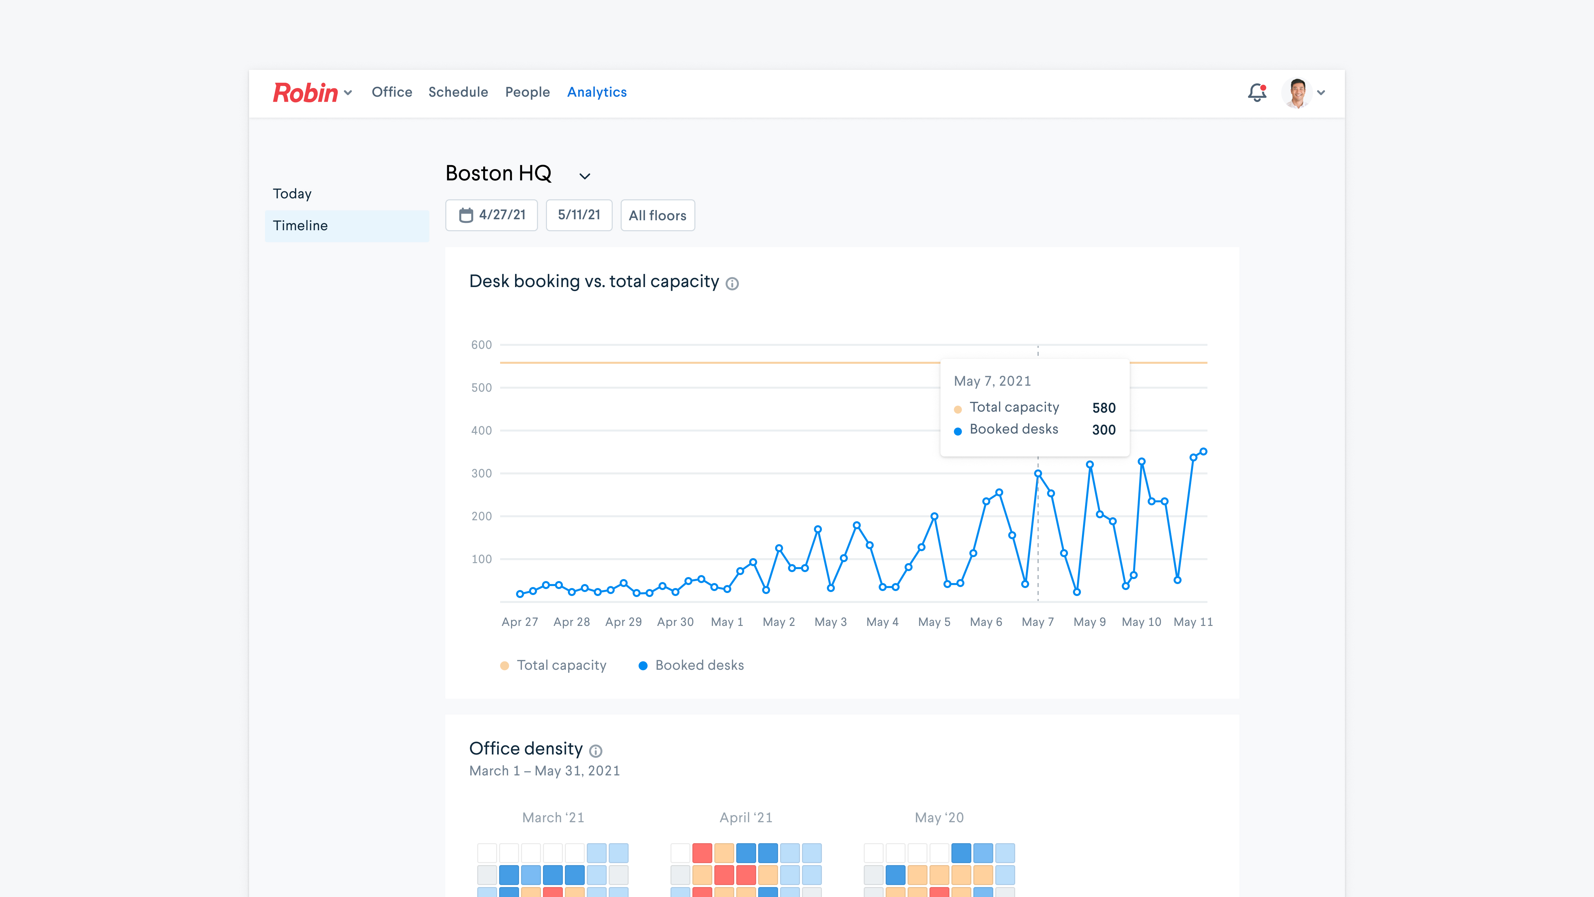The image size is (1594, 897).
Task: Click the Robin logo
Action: click(x=305, y=93)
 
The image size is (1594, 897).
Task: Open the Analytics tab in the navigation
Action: click(x=596, y=92)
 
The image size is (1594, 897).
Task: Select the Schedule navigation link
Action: click(x=458, y=92)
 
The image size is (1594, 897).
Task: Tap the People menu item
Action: click(x=527, y=92)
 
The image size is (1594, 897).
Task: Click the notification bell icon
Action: click(x=1257, y=93)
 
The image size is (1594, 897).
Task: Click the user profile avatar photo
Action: click(x=1297, y=93)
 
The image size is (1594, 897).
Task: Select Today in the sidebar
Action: click(x=292, y=194)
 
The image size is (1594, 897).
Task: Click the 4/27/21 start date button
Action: click(x=491, y=215)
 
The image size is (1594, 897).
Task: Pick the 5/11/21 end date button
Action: click(x=578, y=215)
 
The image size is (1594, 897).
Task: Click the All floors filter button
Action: click(x=657, y=215)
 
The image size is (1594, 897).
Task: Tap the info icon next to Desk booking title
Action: click(x=732, y=283)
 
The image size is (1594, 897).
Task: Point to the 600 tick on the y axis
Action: click(x=482, y=345)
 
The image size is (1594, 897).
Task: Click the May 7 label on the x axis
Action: click(x=1037, y=622)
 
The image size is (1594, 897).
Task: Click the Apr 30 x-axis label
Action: click(x=675, y=622)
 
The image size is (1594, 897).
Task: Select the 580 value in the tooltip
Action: click(x=1103, y=408)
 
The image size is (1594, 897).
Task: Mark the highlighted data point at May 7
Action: click(x=1038, y=473)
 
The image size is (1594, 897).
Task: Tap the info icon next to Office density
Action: click(x=595, y=751)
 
